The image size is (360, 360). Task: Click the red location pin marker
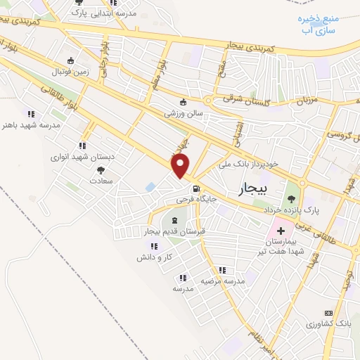click(x=181, y=167)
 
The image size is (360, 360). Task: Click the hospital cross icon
click(x=280, y=230)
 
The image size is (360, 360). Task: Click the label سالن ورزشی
click(x=184, y=112)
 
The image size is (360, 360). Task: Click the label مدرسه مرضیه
click(x=223, y=281)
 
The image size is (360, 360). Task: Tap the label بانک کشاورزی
click(x=328, y=323)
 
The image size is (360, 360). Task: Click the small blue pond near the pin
click(x=150, y=187)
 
